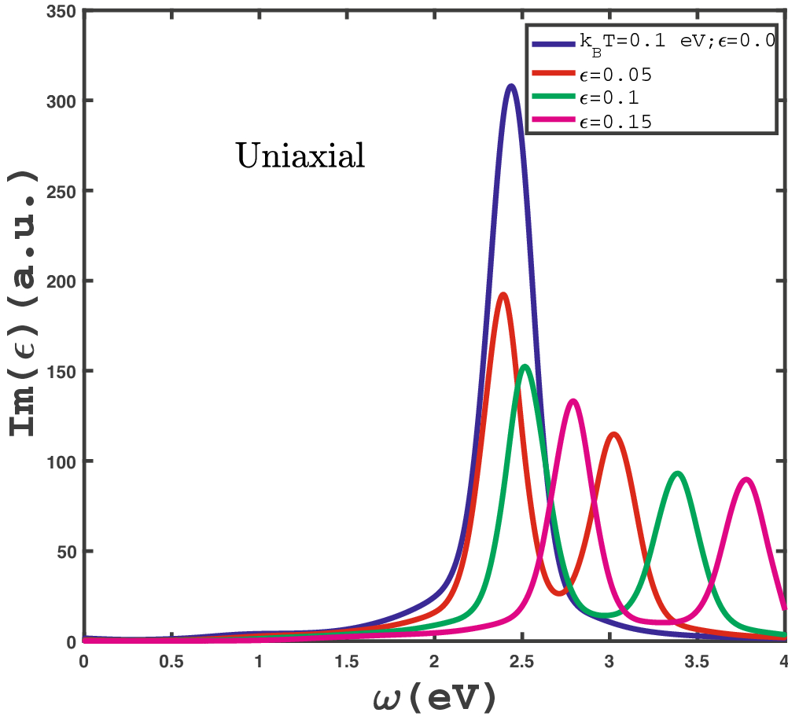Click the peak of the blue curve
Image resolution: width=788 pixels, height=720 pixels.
(x=511, y=86)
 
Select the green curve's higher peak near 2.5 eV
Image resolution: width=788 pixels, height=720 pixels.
(x=525, y=366)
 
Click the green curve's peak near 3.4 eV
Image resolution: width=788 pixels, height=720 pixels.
(x=678, y=473)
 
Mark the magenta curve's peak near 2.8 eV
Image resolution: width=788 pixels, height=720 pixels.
(x=573, y=402)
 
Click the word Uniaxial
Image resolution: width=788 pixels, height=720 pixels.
(x=300, y=156)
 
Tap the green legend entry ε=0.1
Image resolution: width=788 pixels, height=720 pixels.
(x=610, y=98)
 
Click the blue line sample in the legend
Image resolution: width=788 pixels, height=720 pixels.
(x=553, y=45)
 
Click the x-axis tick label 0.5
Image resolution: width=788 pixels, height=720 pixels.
(x=171, y=661)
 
